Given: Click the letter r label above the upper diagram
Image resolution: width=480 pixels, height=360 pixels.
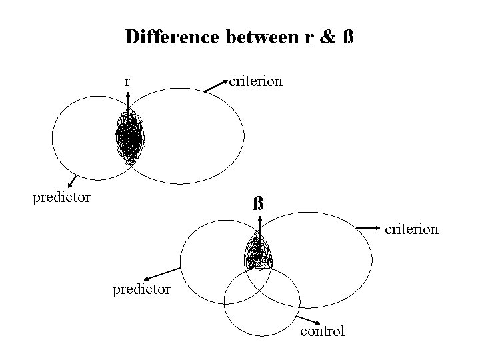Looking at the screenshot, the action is click(x=127, y=82).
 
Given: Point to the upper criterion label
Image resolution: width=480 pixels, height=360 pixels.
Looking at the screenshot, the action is click(x=255, y=81).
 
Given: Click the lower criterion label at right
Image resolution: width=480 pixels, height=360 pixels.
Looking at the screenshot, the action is click(x=411, y=229).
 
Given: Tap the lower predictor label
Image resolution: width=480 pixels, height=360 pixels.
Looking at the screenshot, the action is click(x=141, y=289).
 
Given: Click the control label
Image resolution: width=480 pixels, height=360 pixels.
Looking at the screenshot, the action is click(x=323, y=331).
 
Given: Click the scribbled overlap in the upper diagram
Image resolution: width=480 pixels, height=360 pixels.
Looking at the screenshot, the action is click(x=129, y=139).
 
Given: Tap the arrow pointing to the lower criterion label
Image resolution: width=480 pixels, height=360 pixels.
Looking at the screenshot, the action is click(x=369, y=229).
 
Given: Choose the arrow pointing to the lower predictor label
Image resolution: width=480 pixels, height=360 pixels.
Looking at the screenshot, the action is click(x=163, y=273).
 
